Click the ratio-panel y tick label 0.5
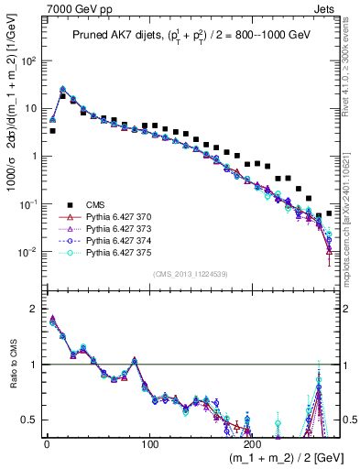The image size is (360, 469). point(28,420)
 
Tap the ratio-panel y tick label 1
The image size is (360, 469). point(33,365)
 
